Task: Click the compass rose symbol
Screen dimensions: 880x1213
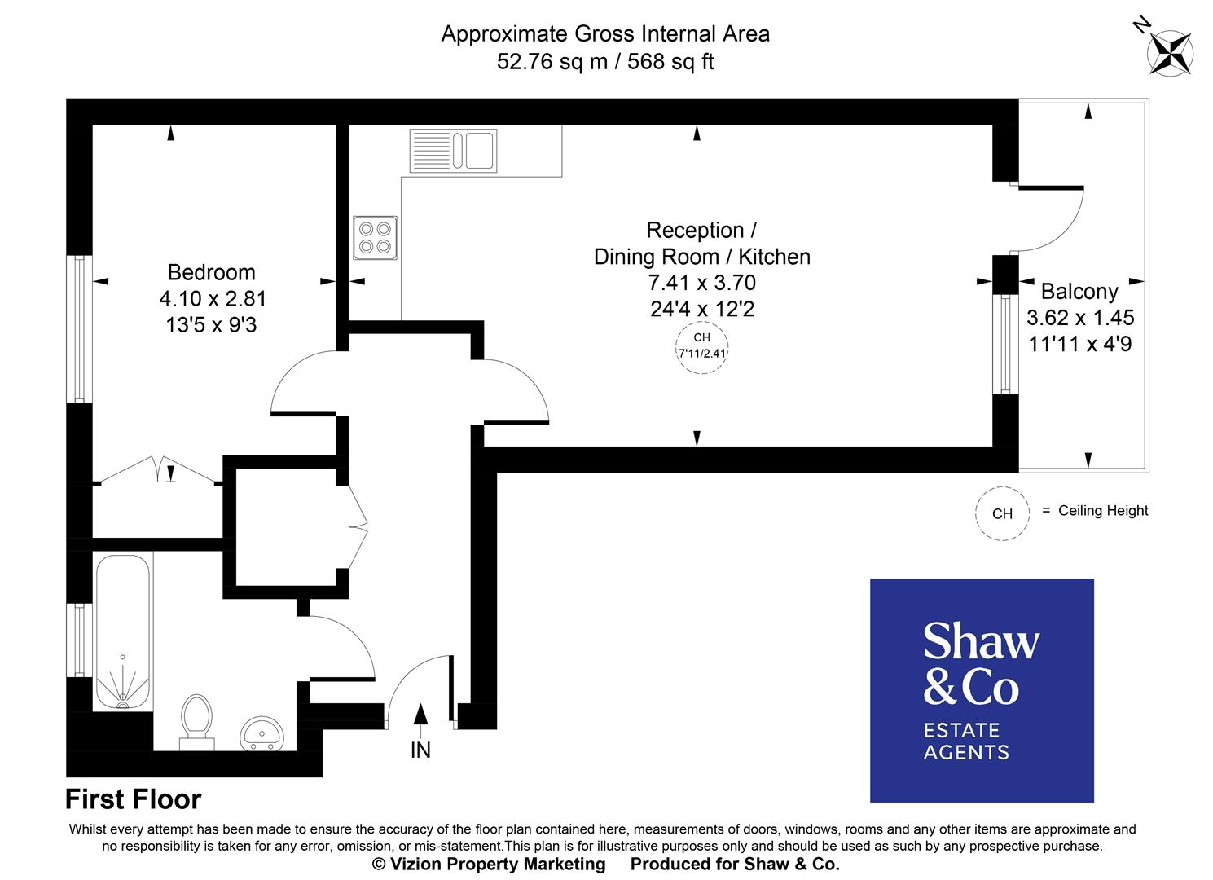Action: point(1170,52)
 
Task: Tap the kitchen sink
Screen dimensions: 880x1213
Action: point(453,151)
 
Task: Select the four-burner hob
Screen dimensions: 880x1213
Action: point(375,237)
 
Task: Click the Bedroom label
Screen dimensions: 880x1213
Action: point(211,272)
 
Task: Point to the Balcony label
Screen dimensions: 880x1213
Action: point(1079,291)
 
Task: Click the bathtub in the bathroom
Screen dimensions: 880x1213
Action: point(123,630)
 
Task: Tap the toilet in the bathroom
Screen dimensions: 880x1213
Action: point(196,719)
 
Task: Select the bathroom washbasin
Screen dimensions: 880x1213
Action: point(261,733)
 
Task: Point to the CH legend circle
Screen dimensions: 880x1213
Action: point(1002,513)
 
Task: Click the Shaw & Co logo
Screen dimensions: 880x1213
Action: point(982,690)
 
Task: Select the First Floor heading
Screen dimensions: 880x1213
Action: point(133,799)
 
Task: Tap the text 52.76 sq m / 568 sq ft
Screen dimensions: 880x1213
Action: point(605,62)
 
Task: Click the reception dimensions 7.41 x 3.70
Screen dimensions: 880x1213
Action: point(701,283)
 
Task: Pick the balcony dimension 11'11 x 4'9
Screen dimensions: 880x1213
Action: point(1079,344)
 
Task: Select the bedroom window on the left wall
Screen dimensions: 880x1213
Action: point(79,329)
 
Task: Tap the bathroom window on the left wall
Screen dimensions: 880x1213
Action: point(79,640)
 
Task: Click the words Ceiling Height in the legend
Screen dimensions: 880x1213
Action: point(1103,511)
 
